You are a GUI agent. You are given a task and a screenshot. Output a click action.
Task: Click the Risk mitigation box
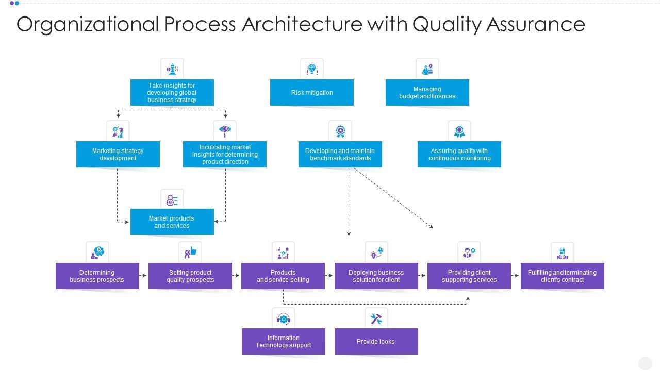pyautogui.click(x=311, y=93)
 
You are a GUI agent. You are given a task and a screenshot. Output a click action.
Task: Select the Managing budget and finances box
pyautogui.click(x=427, y=93)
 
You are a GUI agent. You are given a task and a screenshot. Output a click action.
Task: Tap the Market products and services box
pyautogui.click(x=172, y=222)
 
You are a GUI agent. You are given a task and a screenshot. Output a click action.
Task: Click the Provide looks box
pyautogui.click(x=376, y=342)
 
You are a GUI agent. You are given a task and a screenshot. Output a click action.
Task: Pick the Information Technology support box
pyautogui.click(x=283, y=342)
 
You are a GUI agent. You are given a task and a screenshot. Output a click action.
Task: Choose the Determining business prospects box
pyautogui.click(x=97, y=276)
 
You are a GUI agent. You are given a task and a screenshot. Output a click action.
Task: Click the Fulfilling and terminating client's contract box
pyautogui.click(x=562, y=276)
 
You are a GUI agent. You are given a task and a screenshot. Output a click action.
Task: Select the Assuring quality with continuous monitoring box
pyautogui.click(x=459, y=155)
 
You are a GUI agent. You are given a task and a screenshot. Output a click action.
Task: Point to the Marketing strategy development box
pyautogui.click(x=118, y=155)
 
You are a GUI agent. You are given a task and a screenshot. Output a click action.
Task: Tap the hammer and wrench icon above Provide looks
pyautogui.click(x=376, y=318)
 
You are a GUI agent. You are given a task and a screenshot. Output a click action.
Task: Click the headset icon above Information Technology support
pyautogui.click(x=283, y=318)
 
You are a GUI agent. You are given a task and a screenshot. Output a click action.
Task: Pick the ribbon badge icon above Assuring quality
pyautogui.click(x=459, y=131)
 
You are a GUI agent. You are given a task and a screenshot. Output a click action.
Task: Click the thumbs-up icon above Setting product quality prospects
pyautogui.click(x=190, y=252)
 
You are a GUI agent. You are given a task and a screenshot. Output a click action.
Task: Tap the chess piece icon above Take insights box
pyautogui.click(x=172, y=69)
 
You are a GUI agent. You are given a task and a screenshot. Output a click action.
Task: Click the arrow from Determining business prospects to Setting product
pyautogui.click(x=144, y=276)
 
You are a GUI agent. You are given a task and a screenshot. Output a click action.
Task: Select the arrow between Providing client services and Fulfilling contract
pyautogui.click(x=516, y=276)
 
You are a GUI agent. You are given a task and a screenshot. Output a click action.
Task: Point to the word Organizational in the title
pyautogui.click(x=88, y=24)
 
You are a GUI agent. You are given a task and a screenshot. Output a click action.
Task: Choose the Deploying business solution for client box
pyautogui.click(x=376, y=276)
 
